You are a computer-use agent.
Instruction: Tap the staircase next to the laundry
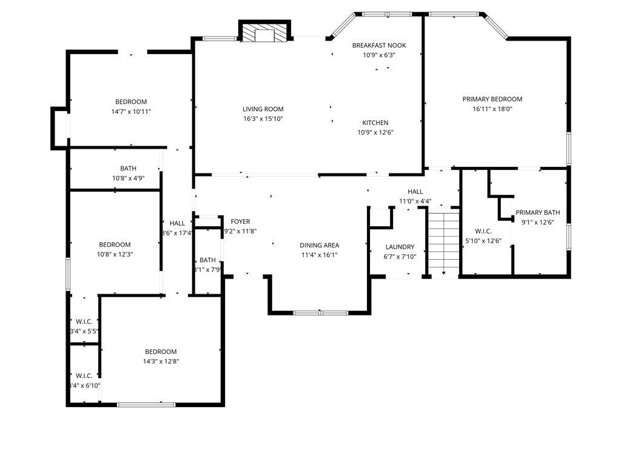444,241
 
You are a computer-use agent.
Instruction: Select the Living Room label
263,109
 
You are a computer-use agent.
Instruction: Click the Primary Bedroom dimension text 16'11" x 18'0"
492,109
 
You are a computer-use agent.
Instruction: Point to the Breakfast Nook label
379,46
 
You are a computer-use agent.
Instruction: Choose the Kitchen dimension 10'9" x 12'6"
375,132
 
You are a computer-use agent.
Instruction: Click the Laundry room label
400,247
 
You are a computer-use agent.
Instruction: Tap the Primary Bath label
537,212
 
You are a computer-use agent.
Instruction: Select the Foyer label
240,221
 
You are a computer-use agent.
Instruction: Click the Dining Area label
319,245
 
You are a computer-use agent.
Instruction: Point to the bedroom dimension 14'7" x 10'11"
131,112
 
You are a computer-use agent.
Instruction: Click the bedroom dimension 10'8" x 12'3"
115,254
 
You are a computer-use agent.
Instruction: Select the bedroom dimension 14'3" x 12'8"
161,361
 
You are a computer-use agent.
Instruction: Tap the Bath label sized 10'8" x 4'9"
128,168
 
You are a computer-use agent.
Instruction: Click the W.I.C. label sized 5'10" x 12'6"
483,231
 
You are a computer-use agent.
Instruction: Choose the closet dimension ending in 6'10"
85,385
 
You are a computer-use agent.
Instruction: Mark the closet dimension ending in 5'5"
85,331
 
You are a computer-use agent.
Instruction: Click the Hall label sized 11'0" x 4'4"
415,191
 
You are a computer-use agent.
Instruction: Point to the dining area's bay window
320,313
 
